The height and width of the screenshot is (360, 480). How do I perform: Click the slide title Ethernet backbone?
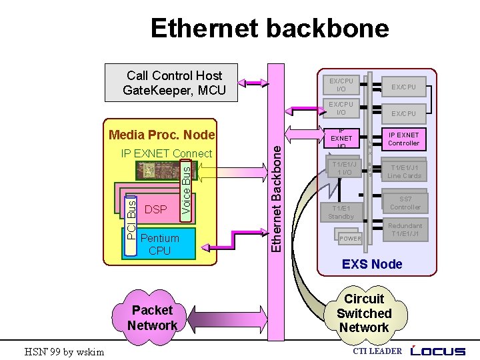pos(269,29)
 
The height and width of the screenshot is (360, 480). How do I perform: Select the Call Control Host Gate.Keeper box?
pos(174,83)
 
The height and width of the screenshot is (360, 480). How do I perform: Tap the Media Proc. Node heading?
pos(161,135)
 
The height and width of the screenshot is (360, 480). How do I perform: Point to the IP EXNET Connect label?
pos(166,154)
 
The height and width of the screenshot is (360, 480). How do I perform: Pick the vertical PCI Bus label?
pos(131,217)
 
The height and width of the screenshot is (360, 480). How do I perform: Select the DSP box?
pos(155,209)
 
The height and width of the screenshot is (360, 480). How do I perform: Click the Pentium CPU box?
pos(160,245)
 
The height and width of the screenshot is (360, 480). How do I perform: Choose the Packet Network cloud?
pos(153,317)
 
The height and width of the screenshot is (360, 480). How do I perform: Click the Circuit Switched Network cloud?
pos(363,313)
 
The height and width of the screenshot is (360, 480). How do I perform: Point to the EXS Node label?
pos(372,264)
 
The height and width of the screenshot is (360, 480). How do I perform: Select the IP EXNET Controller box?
pos(403,139)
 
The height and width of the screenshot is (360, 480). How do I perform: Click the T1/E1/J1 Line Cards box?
pos(405,172)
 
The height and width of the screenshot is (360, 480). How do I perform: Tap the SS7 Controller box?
pos(405,203)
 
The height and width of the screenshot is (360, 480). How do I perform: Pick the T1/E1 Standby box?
pos(341,212)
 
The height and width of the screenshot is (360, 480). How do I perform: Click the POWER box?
pos(350,239)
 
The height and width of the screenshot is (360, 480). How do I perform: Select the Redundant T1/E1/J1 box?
pos(405,230)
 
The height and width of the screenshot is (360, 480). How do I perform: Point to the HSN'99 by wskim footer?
pos(64,351)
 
